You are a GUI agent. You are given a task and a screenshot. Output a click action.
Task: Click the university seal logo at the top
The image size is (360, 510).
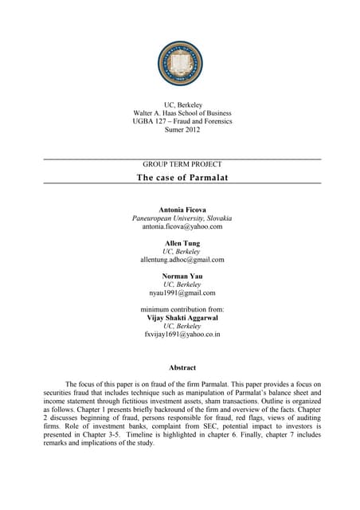[x=182, y=65]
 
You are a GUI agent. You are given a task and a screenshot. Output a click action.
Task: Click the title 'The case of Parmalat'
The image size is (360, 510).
[x=182, y=177]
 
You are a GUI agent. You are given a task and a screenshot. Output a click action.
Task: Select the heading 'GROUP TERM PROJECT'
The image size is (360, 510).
[x=182, y=164]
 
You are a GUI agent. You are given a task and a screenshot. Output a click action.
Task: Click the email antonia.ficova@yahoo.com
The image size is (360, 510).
[x=182, y=226]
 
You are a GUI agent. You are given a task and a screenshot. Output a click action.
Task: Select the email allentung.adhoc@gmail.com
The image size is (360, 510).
[x=182, y=260]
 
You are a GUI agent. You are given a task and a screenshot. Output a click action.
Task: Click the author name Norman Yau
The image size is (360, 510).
[x=182, y=276]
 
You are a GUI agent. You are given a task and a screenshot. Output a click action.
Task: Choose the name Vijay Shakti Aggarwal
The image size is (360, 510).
[x=182, y=317]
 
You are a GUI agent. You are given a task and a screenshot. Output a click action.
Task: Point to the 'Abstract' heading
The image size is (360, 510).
[x=182, y=367]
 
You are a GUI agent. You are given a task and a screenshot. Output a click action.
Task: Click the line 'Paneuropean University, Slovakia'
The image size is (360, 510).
[x=182, y=218]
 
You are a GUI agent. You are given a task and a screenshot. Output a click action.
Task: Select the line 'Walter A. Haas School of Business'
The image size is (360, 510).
[x=182, y=113]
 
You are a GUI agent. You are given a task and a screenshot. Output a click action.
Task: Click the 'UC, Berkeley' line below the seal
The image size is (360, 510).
[x=182, y=104]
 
